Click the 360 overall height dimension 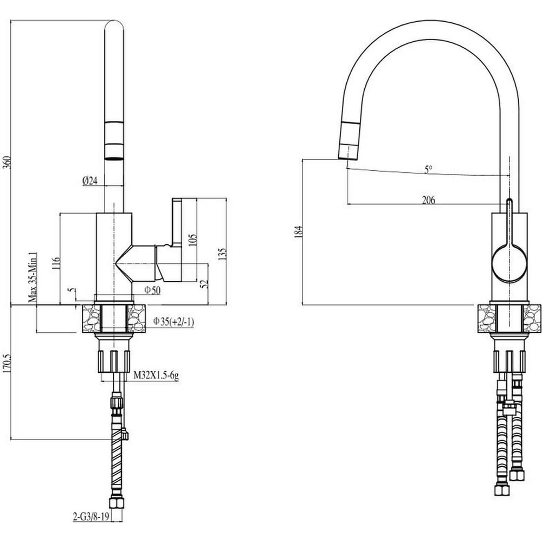tap(7, 162)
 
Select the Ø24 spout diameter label tap(90, 180)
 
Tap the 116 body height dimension tap(56, 263)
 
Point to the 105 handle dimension tap(192, 240)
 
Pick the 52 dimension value tap(204, 283)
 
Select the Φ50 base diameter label tap(152, 290)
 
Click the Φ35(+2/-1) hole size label tap(173, 322)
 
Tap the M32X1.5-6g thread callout tap(156, 375)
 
